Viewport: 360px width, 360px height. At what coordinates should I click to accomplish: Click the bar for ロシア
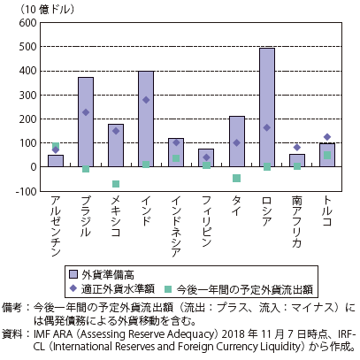267,108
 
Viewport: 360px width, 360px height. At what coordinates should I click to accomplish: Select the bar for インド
146,119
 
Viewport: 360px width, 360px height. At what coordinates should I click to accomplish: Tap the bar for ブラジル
86,122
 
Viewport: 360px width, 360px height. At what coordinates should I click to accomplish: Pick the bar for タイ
237,142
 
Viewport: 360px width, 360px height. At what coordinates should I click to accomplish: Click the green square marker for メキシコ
116,184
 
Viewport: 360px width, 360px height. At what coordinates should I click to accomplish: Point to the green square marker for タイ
237,178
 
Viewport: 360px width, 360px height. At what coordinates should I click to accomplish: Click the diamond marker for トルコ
327,137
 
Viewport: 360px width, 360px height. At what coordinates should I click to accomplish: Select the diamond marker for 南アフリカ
297,147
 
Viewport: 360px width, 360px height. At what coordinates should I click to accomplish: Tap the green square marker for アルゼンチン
56,146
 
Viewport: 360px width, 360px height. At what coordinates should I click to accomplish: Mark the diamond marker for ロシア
267,127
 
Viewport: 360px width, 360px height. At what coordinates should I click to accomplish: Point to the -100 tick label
27,191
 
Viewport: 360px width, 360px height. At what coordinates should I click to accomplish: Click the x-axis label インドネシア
176,226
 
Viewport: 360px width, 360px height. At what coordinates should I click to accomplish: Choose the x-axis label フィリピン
206,221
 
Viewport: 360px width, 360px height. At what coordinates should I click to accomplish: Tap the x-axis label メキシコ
116,216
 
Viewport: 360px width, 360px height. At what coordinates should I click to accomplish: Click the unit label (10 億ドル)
47,10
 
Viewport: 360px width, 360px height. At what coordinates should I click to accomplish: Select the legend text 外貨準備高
108,275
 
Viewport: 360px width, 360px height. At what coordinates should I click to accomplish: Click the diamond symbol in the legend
73,288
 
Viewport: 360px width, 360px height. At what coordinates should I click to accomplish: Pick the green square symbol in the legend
168,289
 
